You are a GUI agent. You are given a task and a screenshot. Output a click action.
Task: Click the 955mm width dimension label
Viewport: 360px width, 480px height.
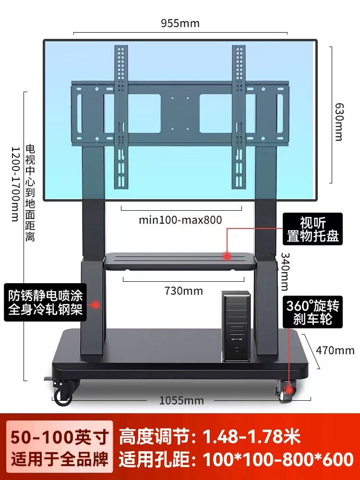(180, 23)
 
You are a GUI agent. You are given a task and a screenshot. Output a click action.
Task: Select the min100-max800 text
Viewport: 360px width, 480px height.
(180, 220)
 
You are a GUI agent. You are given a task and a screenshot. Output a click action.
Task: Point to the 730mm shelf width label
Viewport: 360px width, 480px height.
(183, 291)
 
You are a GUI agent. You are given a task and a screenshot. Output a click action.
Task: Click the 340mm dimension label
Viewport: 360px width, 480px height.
(285, 271)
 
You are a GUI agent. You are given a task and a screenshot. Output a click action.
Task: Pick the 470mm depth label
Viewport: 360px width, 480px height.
(335, 350)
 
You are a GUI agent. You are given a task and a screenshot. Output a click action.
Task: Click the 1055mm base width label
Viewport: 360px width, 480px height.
(182, 400)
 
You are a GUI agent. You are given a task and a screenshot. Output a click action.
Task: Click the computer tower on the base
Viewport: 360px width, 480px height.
(236, 326)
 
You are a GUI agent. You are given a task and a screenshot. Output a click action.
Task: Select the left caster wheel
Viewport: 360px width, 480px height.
(63, 395)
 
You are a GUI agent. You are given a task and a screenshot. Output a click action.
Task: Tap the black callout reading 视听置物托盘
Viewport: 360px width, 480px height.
(312, 229)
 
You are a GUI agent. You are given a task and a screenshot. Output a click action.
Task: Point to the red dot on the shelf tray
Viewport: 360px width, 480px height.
(227, 256)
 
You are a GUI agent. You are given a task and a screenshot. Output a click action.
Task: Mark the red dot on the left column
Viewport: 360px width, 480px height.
(96, 304)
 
